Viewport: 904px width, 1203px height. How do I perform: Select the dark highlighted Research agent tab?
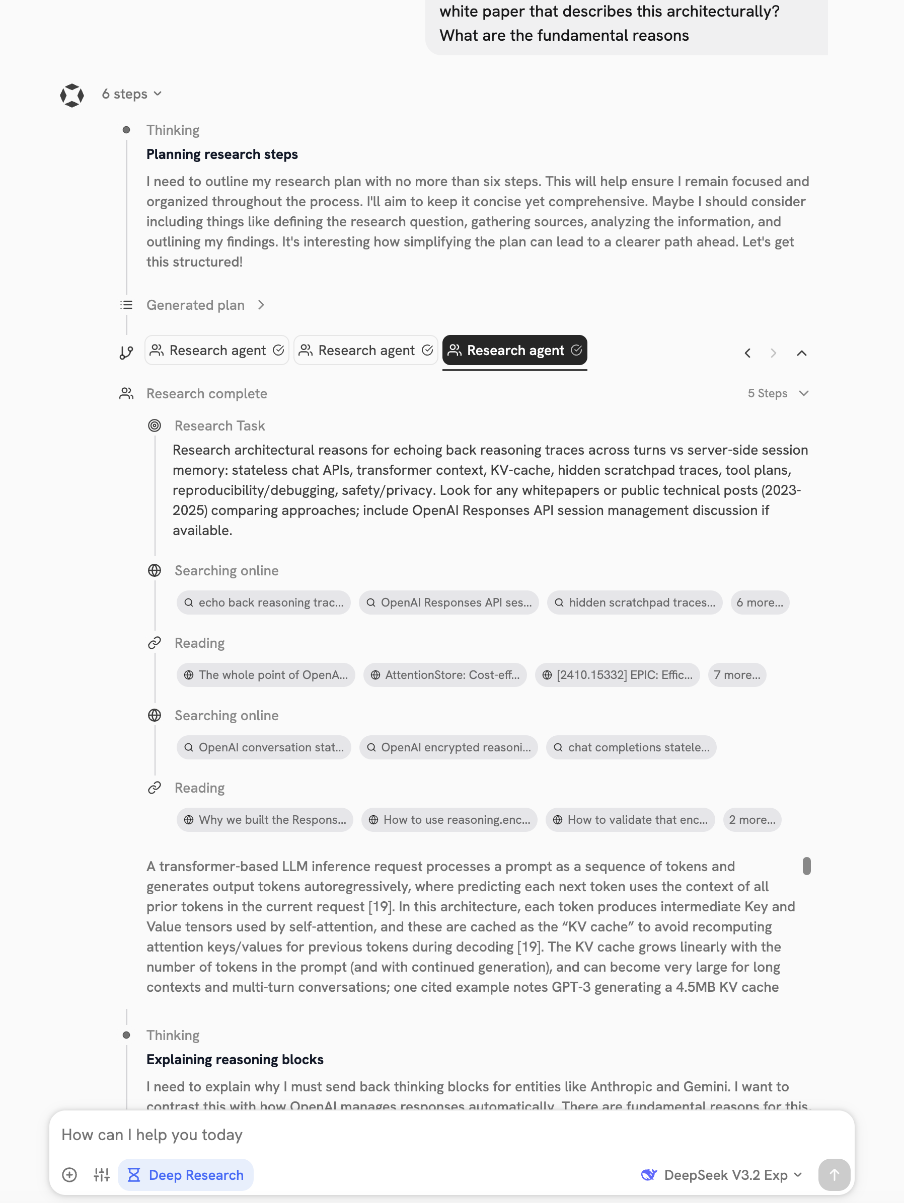514,350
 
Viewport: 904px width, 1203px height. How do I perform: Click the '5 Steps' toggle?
777,393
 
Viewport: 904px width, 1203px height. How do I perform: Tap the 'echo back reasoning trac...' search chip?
264,603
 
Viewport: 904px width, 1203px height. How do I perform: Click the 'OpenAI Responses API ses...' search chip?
449,603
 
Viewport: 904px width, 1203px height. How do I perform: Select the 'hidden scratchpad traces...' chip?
635,603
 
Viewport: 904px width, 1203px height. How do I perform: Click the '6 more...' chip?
759,603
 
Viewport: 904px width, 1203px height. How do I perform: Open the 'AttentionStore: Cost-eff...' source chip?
445,675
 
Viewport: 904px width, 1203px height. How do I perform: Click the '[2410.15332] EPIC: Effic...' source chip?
617,675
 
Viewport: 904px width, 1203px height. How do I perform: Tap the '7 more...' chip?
737,675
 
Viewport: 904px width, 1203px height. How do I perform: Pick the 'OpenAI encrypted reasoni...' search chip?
449,747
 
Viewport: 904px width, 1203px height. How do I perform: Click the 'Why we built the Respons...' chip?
265,820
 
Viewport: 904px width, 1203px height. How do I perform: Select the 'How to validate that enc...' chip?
630,820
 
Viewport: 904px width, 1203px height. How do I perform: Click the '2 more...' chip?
751,820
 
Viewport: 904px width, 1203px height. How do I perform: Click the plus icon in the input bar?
69,1175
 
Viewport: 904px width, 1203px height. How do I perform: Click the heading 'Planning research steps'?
222,154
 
